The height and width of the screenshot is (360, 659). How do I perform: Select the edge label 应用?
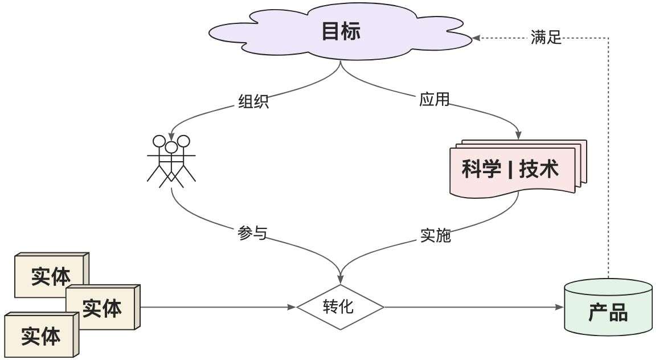point(435,100)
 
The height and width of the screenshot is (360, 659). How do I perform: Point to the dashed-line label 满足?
point(546,38)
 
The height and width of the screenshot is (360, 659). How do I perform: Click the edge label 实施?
point(436,235)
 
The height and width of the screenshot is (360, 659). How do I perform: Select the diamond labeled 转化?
point(340,307)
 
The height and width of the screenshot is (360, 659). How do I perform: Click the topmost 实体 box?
point(50,276)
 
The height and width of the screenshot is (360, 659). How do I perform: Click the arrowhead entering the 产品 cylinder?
point(559,307)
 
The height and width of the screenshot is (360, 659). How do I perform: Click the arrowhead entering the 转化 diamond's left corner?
point(292,307)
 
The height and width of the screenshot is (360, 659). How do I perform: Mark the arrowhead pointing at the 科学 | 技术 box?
point(518,136)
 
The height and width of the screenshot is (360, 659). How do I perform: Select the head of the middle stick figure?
point(171,148)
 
